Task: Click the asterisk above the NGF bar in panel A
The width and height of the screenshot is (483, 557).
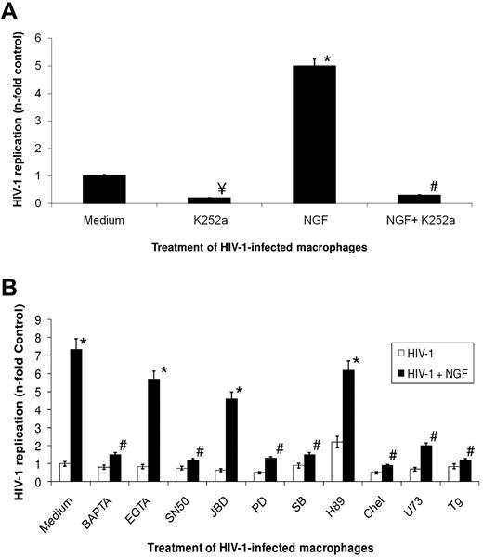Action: click(354, 58)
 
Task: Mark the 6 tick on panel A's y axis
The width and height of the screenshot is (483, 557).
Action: click(63, 38)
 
